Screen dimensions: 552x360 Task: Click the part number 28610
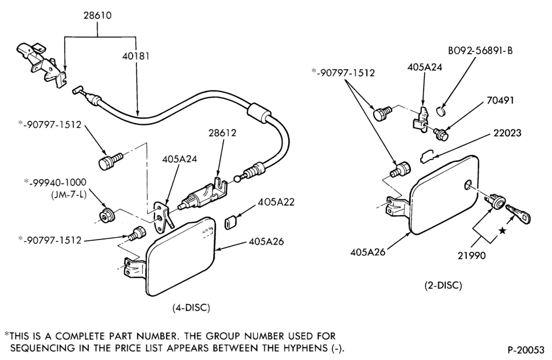tap(97, 15)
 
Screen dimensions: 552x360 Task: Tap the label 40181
tap(136, 56)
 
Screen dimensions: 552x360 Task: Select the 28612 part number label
tap(222, 133)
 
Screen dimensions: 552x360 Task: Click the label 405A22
tap(276, 202)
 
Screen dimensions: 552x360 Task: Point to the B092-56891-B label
tap(480, 51)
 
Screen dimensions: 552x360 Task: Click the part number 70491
tap(500, 100)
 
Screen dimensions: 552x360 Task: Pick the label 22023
tap(507, 133)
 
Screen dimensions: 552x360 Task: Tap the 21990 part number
tap(471, 256)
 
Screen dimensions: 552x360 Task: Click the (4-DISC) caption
tap(191, 308)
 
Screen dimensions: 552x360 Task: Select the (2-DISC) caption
tap(443, 285)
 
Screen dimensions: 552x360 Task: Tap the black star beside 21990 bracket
tap(502, 231)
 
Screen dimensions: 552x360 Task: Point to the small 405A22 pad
tap(230, 223)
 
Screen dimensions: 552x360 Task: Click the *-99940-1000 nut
tap(105, 215)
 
